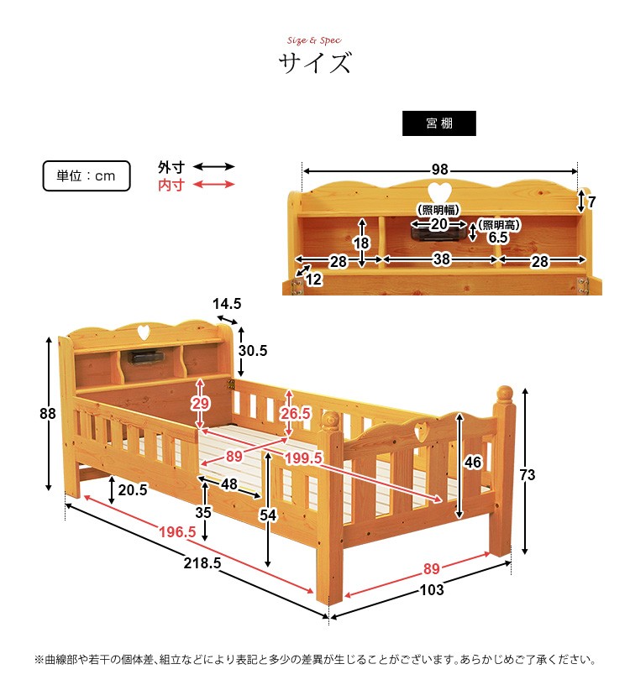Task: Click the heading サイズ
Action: coord(314,63)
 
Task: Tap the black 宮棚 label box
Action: coord(438,123)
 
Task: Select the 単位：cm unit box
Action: coord(87,176)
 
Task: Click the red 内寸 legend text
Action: coord(171,186)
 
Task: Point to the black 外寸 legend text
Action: coord(171,167)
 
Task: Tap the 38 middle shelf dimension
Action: coord(441,261)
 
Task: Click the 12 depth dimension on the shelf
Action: coord(312,280)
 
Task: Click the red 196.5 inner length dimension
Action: coord(177,531)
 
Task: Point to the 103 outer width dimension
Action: coord(431,590)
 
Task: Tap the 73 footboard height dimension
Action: coord(528,475)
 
